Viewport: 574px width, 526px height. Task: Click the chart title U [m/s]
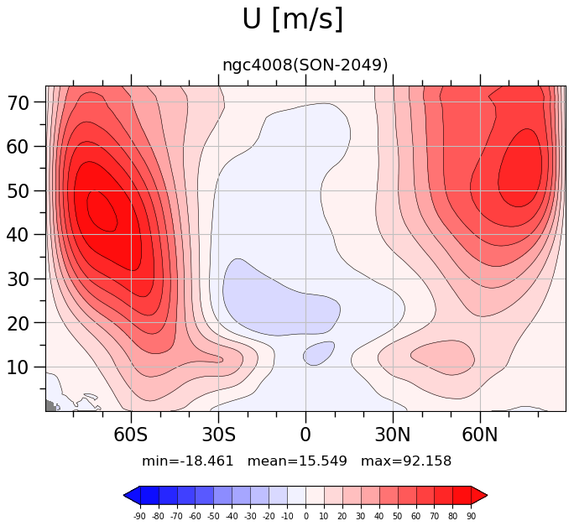click(293, 19)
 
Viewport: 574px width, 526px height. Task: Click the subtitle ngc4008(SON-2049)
click(305, 65)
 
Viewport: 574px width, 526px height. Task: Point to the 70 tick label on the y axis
click(18, 103)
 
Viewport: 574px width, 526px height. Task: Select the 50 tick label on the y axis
click(18, 191)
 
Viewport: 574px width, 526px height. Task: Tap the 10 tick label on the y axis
click(18, 367)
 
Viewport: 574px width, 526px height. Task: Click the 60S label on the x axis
click(131, 435)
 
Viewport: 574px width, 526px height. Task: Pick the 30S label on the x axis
click(218, 435)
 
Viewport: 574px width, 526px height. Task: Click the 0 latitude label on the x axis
click(305, 435)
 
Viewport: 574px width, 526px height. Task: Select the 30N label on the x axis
click(393, 435)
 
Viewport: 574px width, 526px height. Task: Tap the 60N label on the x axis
click(480, 435)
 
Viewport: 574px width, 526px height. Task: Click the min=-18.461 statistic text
click(187, 461)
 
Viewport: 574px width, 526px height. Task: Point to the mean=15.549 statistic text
click(297, 461)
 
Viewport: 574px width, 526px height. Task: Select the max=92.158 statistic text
click(406, 461)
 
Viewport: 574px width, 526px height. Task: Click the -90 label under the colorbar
click(139, 516)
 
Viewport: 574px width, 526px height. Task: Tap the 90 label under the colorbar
click(471, 516)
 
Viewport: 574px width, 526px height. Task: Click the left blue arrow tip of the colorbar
click(124, 496)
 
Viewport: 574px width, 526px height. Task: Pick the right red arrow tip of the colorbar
click(488, 496)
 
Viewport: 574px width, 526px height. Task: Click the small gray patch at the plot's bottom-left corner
click(51, 405)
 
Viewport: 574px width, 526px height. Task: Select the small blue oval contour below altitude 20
click(319, 353)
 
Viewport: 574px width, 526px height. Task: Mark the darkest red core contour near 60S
click(102, 211)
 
